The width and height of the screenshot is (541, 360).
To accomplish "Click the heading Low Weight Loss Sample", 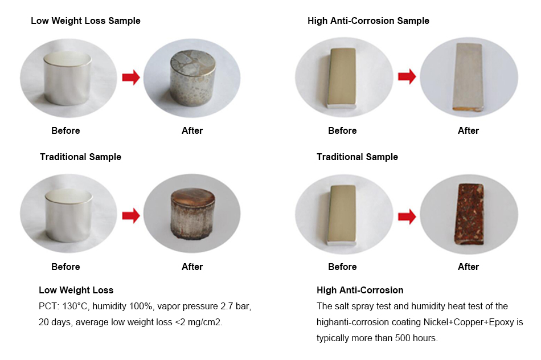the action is (85, 21).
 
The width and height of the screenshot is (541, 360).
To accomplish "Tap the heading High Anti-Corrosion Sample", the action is (368, 21).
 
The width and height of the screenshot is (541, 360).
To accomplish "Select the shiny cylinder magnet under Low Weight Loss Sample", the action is (68, 78).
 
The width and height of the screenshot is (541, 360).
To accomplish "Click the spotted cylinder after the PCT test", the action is (193, 77).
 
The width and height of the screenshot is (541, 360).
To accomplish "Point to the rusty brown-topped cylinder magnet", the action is (193, 213).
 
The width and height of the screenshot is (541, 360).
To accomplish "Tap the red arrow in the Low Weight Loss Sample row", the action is (131, 77).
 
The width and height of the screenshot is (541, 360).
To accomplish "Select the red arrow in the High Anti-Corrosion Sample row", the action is (407, 77).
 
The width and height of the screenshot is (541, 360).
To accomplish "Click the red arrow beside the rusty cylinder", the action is (131, 216).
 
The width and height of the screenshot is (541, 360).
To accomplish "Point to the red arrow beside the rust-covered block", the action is (407, 217).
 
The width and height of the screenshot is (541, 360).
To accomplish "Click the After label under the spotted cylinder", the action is (192, 131).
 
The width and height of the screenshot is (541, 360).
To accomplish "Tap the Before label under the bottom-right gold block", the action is (342, 267).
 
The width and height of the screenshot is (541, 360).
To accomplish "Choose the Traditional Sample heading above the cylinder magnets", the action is (80, 157).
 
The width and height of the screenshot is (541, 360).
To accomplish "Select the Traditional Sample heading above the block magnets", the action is (357, 157).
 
